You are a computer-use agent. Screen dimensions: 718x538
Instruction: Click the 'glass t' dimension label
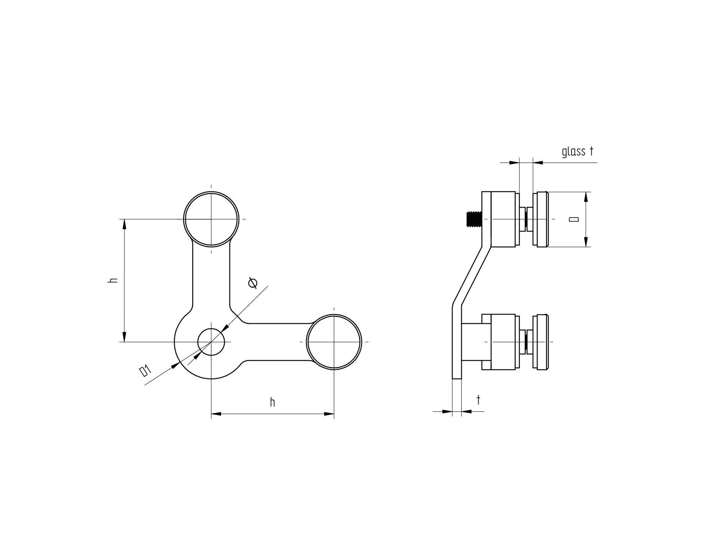pos(578,151)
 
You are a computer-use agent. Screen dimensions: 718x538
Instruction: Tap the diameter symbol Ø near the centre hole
pos(253,283)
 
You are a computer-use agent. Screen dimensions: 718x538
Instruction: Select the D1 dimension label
pos(145,371)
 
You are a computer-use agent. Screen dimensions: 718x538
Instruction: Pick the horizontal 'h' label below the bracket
pos(273,402)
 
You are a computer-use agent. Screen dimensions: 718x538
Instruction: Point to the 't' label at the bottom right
pos(478,400)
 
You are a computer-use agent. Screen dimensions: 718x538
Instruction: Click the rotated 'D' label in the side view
pos(574,219)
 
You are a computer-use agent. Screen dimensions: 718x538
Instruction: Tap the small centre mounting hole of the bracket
pos(211,342)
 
